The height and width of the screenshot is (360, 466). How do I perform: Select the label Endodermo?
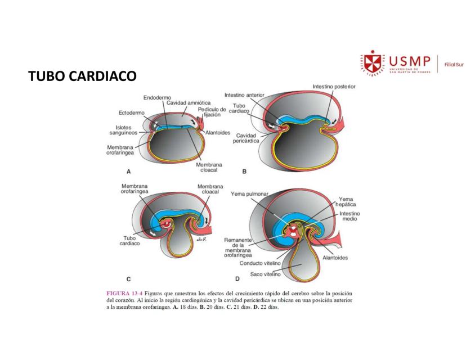pyautogui.click(x=158, y=97)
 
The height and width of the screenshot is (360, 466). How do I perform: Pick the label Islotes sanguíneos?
pyautogui.click(x=125, y=130)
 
